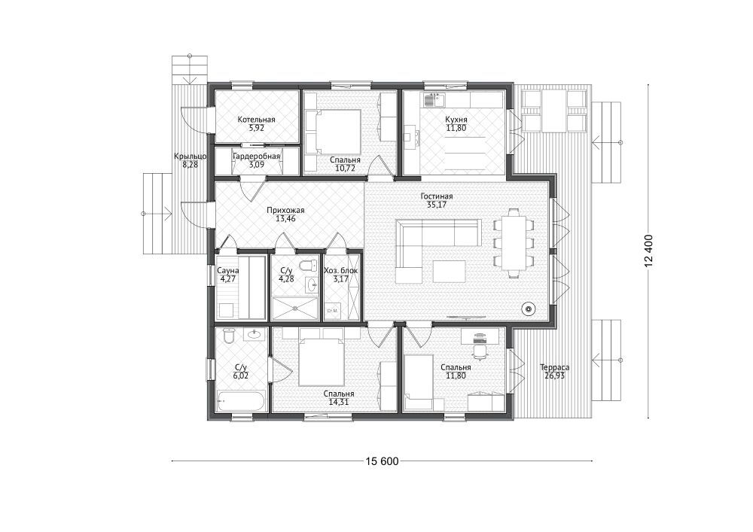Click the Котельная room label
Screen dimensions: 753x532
click(256, 120)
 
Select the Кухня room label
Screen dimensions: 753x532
click(456, 120)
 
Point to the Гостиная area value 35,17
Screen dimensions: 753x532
click(437, 205)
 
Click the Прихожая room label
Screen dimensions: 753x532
click(285, 210)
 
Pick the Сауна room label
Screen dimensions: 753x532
click(228, 271)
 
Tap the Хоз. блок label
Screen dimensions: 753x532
click(341, 271)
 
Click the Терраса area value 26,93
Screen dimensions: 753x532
click(555, 375)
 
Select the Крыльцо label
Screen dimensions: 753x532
click(191, 157)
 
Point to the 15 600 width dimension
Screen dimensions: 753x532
click(382, 461)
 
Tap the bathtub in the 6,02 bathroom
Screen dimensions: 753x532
click(241, 401)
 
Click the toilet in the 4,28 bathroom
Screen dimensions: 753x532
click(308, 266)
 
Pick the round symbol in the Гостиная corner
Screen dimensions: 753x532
click(529, 309)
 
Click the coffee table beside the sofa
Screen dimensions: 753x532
click(449, 272)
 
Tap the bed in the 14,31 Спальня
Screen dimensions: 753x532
click(322, 360)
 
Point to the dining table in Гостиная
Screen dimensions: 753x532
click(514, 243)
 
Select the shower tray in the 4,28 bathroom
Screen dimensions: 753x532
click(294, 309)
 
